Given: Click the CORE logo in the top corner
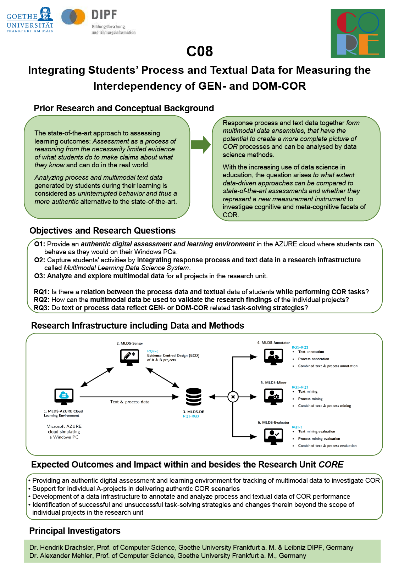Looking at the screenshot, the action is [x=358, y=33].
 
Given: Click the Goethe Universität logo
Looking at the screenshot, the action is [x=30, y=20].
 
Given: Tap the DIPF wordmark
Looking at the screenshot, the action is [x=104, y=15].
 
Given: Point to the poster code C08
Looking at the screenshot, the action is [x=199, y=51].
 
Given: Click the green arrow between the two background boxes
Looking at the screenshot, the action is [x=201, y=145].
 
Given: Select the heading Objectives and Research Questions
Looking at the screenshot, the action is [x=102, y=231].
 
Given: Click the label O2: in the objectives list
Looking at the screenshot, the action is [x=39, y=260].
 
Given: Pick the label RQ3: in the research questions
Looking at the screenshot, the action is [x=41, y=308].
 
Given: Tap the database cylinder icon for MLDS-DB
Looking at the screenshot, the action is [x=194, y=397].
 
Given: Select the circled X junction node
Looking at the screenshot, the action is [x=233, y=397].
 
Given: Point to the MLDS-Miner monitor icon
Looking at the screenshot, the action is [x=273, y=397].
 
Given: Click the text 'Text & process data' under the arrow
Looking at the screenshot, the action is [x=130, y=402].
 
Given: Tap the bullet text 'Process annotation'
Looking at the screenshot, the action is [x=313, y=359].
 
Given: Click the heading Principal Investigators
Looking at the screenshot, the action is [x=74, y=531].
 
